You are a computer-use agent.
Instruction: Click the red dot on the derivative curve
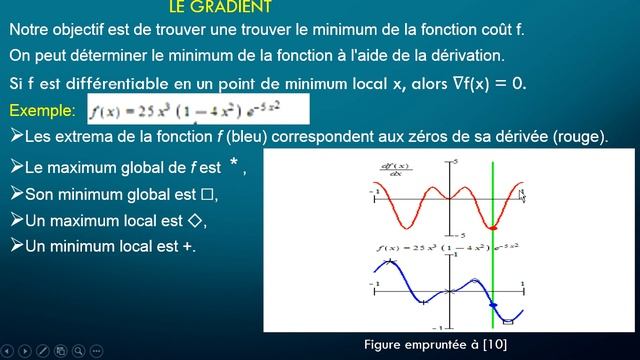[492, 228]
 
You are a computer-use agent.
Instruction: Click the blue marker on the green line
[492, 303]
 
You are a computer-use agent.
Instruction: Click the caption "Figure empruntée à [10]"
[436, 344]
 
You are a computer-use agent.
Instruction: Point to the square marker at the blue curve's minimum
[508, 321]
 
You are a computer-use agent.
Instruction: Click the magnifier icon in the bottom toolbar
[78, 351]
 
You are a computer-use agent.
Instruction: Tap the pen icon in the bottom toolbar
[43, 351]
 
